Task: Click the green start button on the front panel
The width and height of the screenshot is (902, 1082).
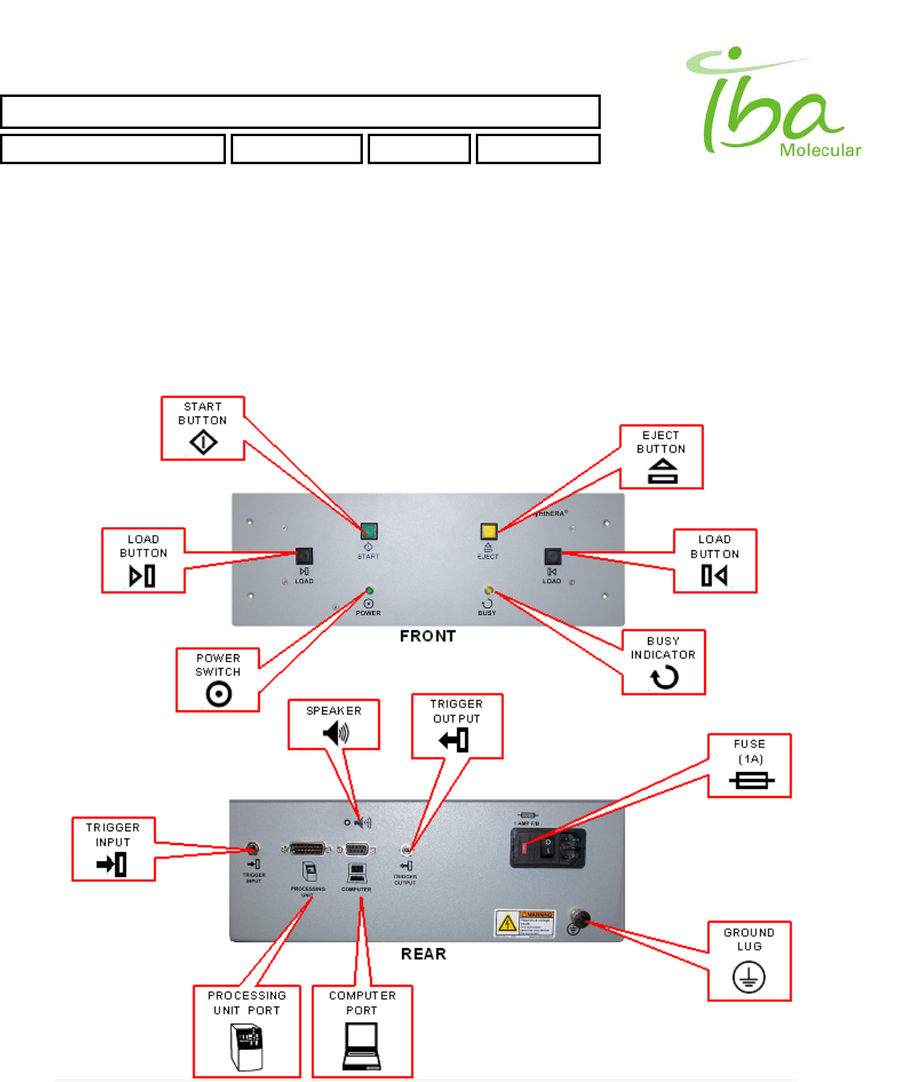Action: pyautogui.click(x=368, y=531)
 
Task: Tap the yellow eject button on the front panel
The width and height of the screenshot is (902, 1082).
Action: pyautogui.click(x=489, y=531)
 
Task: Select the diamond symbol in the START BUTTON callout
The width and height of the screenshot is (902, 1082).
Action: pyautogui.click(x=203, y=442)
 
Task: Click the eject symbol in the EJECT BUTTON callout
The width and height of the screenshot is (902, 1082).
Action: pyautogui.click(x=662, y=472)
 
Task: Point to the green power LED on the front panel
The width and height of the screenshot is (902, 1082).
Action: pyautogui.click(x=369, y=591)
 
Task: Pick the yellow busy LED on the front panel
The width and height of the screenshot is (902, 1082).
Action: pyautogui.click(x=489, y=591)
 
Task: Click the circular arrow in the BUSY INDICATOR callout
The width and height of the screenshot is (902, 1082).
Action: pyautogui.click(x=664, y=678)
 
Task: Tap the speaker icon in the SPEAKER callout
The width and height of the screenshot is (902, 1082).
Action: pyautogui.click(x=336, y=732)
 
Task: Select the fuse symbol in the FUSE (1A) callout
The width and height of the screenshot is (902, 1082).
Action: pyautogui.click(x=751, y=780)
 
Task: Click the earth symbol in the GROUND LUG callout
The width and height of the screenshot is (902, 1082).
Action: pyautogui.click(x=749, y=977)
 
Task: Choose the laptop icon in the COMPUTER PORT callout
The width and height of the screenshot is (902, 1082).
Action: pyautogui.click(x=361, y=1047)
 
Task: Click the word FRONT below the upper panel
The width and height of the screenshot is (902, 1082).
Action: pyautogui.click(x=428, y=636)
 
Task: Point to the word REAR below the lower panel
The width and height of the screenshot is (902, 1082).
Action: pyautogui.click(x=424, y=954)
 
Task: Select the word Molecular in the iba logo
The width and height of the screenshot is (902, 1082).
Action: pyautogui.click(x=820, y=150)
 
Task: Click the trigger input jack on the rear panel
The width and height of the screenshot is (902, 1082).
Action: pyautogui.click(x=252, y=848)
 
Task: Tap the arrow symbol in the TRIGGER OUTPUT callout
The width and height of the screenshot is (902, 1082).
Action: pyautogui.click(x=454, y=740)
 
